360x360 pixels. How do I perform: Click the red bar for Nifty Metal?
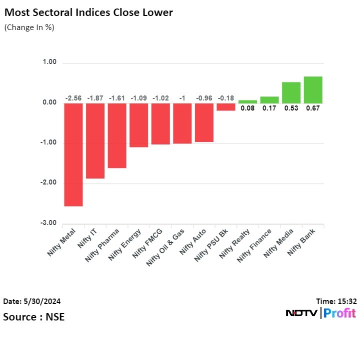[x=73, y=154]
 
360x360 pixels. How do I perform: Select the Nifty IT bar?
[x=95, y=140]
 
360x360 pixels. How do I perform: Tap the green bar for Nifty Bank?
[x=313, y=89]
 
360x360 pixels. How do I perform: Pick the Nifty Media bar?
[x=291, y=92]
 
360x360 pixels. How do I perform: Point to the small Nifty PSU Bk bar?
[x=226, y=106]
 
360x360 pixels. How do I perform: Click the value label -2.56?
[x=73, y=98]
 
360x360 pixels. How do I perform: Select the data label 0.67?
[x=313, y=108]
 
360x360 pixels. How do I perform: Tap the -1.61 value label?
[x=117, y=98]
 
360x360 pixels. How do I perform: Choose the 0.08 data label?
[x=247, y=108]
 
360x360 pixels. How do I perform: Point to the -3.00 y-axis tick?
[x=48, y=223]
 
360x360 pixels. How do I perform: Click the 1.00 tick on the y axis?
[x=49, y=62]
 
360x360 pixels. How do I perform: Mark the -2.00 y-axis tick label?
[x=48, y=183]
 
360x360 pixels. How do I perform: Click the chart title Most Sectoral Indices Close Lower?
[x=88, y=12]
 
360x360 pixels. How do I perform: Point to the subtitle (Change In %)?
[x=29, y=27]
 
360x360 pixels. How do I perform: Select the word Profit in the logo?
[x=339, y=313]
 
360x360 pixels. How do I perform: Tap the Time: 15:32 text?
[x=336, y=301]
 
